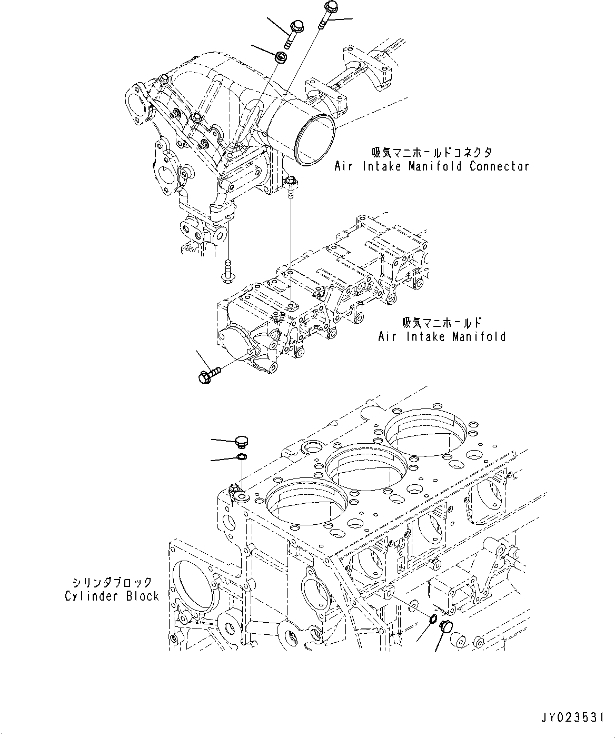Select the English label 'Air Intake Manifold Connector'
coord(432,166)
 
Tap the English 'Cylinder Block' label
coord(112,596)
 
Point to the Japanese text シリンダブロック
coord(113,582)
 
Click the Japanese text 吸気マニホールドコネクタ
coord(432,153)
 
